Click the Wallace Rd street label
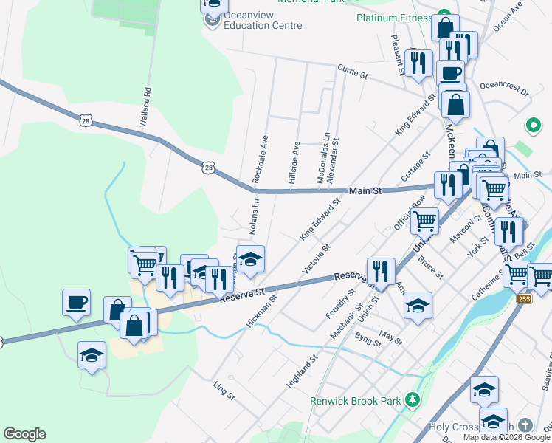click(147, 106)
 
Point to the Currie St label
click(352, 72)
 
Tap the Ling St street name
click(223, 391)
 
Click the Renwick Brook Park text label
click(354, 402)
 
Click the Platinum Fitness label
click(393, 18)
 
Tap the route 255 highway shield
click(524, 298)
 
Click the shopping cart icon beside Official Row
click(424, 219)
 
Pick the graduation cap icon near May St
click(418, 306)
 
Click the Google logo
click(24, 434)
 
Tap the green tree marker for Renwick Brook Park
click(413, 401)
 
